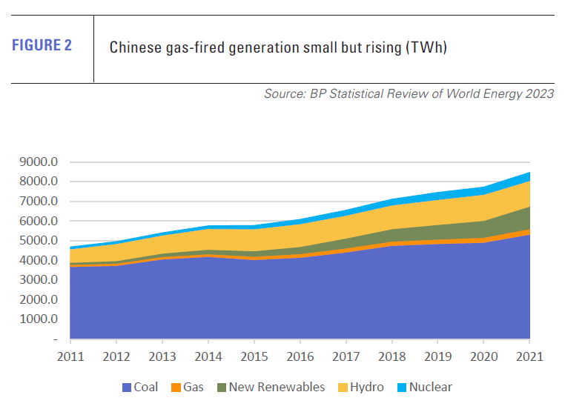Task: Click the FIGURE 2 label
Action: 42,45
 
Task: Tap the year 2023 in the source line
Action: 538,94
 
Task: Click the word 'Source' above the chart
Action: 284,94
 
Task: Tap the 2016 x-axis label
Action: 299,356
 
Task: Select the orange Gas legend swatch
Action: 176,387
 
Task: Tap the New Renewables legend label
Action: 277,387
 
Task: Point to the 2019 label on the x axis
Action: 437,356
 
